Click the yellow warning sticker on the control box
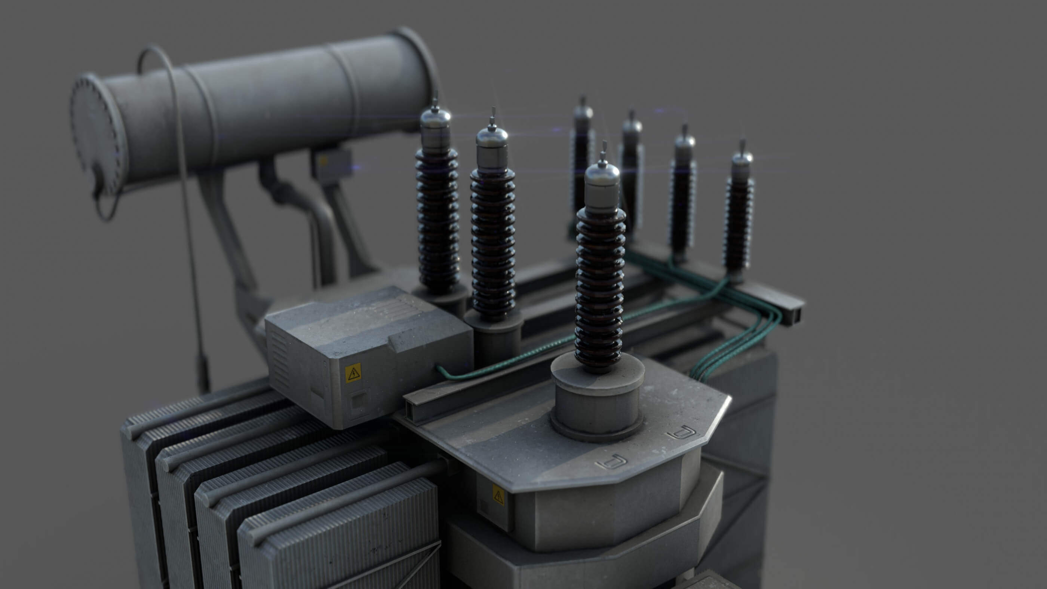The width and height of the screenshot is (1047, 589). point(353,374)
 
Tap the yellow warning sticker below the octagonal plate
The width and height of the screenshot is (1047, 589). point(498,495)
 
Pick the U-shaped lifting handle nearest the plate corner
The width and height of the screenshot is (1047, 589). point(682,433)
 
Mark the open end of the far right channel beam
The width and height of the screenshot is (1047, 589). point(796,313)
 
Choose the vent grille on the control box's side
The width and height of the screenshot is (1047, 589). point(280,358)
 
